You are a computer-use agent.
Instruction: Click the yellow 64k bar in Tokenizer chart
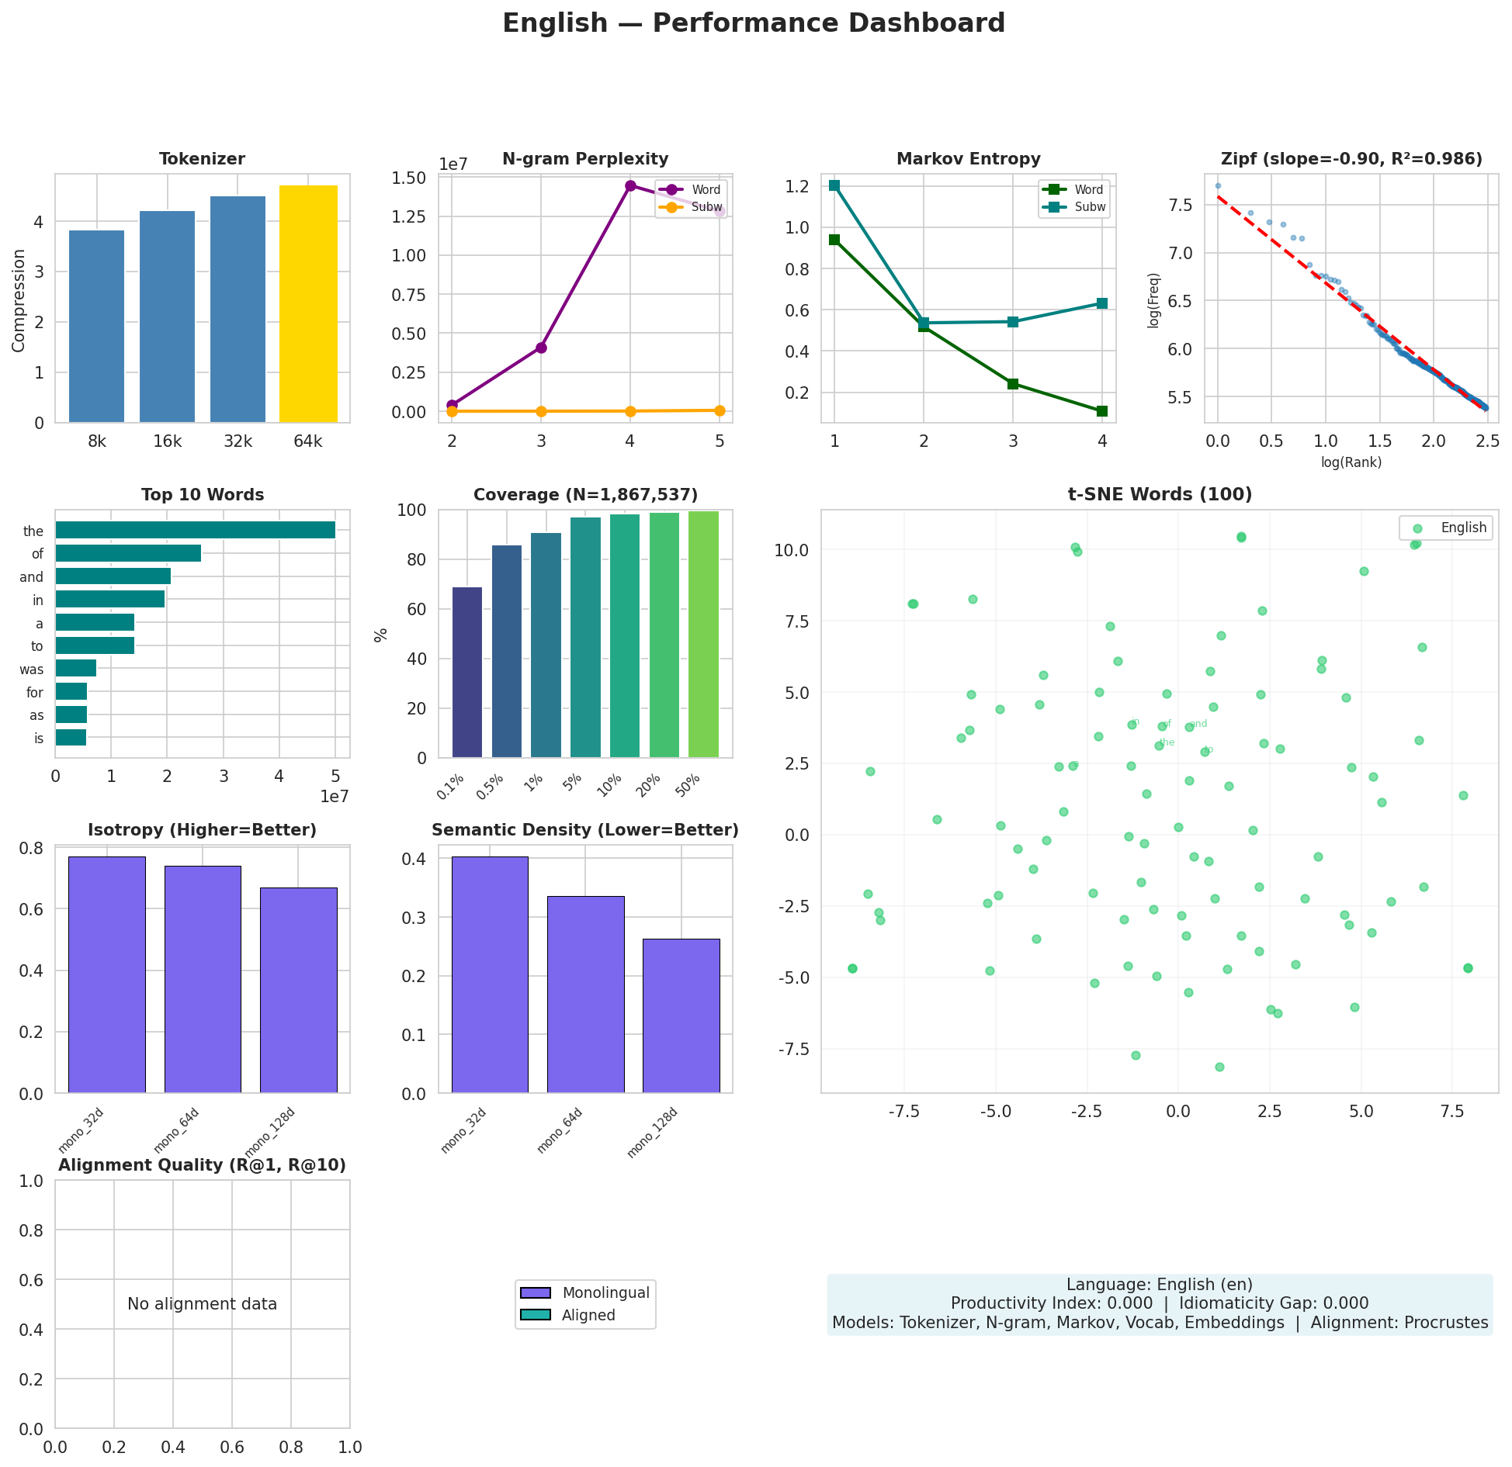click(x=308, y=304)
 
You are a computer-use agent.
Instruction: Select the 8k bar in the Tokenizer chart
click(x=96, y=326)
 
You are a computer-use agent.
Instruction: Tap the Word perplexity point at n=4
click(x=630, y=185)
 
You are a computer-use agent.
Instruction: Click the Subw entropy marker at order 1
click(x=834, y=185)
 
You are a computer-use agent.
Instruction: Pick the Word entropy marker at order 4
click(x=1101, y=411)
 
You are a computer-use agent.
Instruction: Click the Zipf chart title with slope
click(x=1351, y=159)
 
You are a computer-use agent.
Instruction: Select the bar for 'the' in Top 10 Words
click(x=195, y=531)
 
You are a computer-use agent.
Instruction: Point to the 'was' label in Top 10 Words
click(x=33, y=669)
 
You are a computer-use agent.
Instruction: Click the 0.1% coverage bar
click(x=467, y=672)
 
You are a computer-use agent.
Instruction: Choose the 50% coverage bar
click(x=703, y=634)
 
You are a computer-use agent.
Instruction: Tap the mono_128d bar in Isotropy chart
click(x=298, y=990)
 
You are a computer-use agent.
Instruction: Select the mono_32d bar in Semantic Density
click(x=490, y=974)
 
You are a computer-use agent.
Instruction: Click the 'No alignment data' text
click(x=202, y=1304)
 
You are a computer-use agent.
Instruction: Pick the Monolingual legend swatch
click(x=535, y=1292)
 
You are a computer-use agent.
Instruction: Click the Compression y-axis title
click(x=19, y=299)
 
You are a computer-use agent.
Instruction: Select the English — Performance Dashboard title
click(x=754, y=23)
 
